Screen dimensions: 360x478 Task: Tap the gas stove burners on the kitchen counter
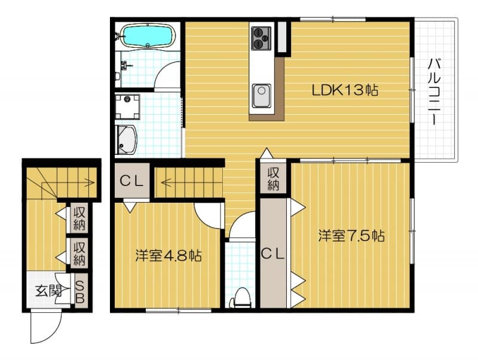point(261,37)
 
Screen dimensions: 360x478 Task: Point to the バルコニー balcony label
point(434,90)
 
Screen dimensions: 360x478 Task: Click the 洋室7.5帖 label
point(351,236)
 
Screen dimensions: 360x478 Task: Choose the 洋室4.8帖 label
point(167,255)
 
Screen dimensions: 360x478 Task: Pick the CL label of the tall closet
point(274,253)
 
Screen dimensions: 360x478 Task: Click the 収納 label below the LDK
point(273,179)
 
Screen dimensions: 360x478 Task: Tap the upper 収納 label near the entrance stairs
point(79,218)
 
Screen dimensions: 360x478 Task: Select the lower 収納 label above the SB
point(79,252)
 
